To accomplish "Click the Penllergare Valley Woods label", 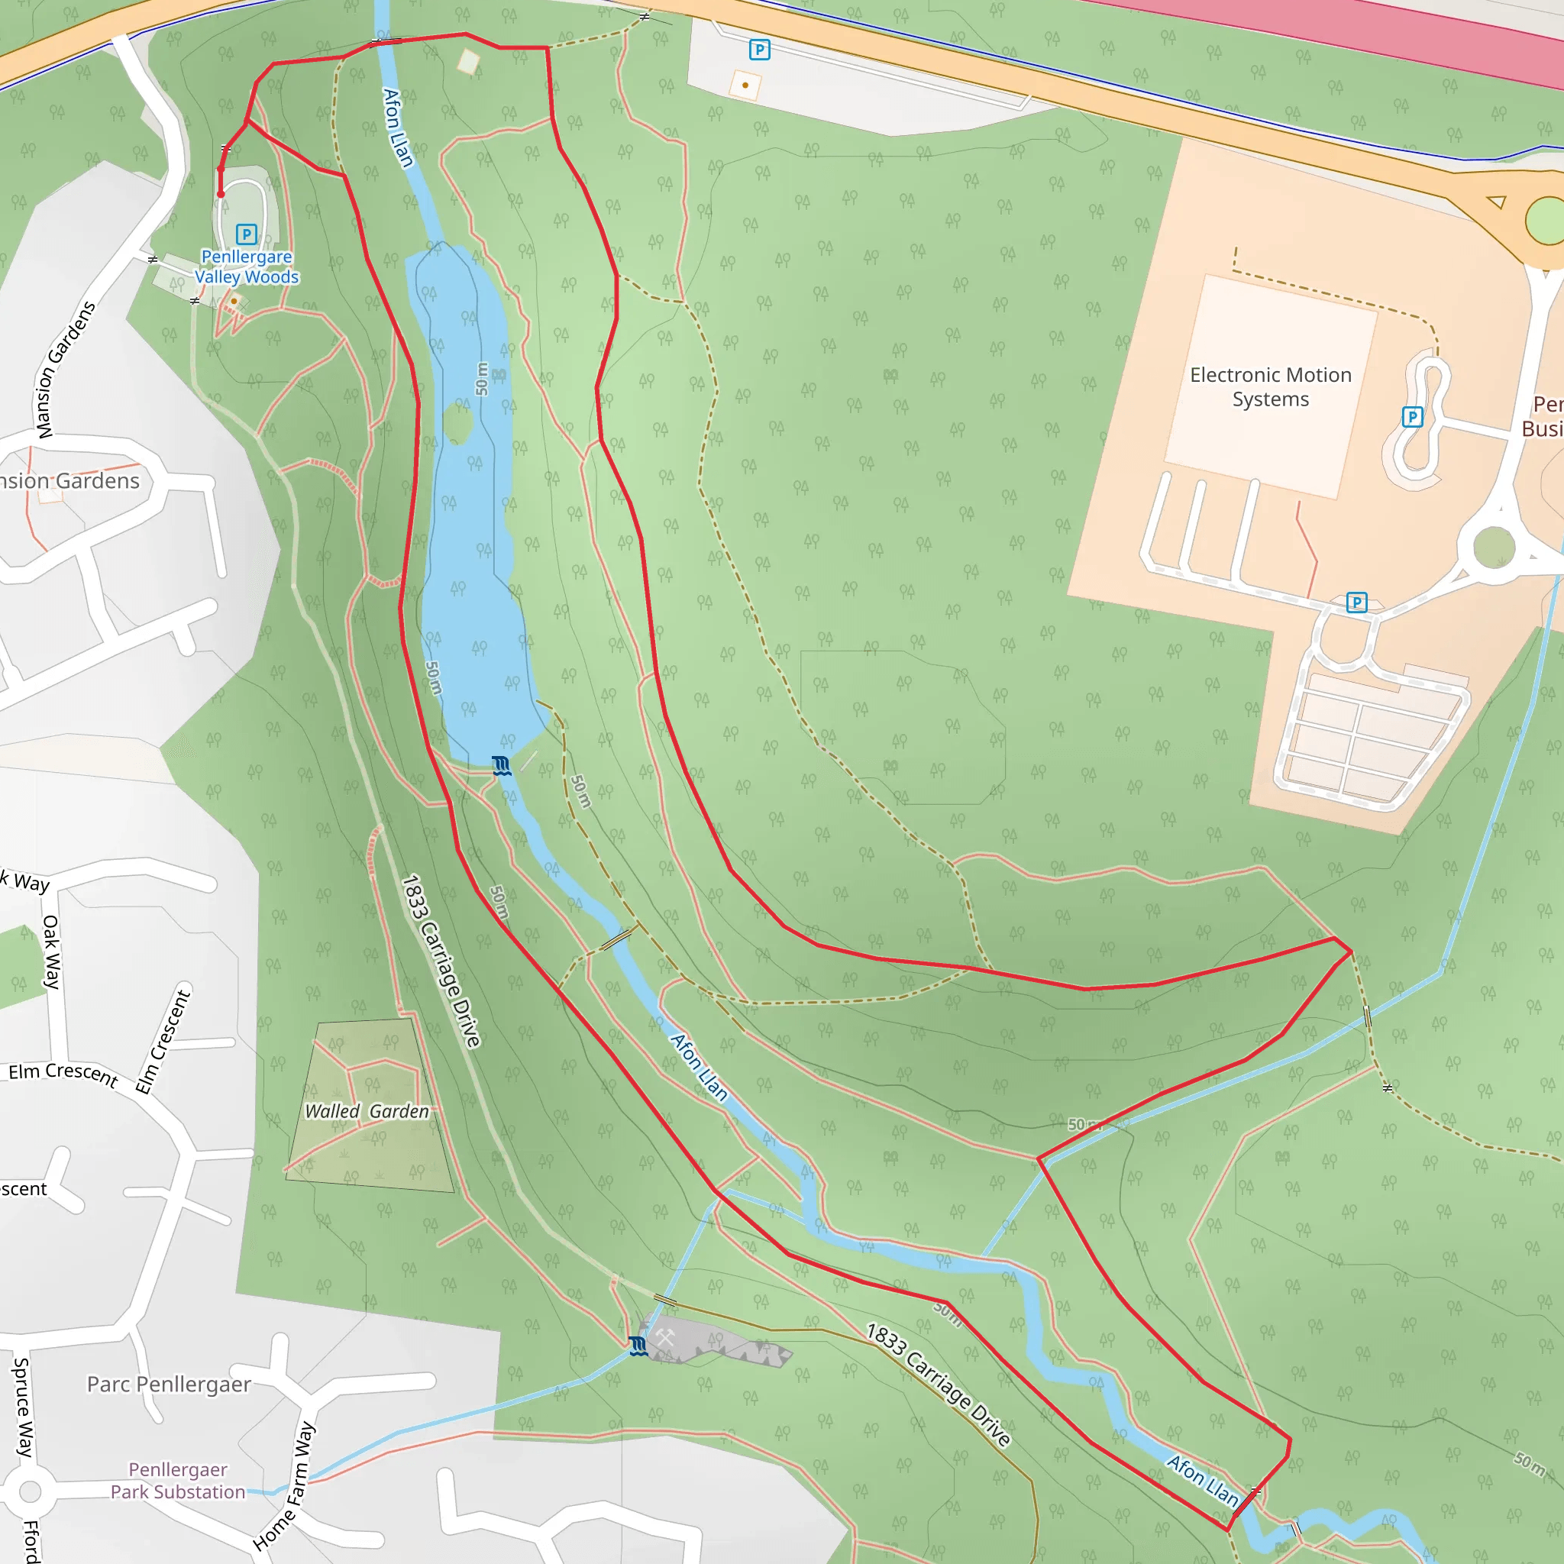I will coord(246,267).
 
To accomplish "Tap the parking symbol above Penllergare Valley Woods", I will coord(246,234).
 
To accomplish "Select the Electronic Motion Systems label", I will coord(1270,387).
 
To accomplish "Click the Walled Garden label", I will coord(367,1111).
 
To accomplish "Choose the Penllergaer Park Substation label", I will coord(178,1481).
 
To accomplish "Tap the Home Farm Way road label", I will coord(284,1486).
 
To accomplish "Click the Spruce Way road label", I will coord(22,1407).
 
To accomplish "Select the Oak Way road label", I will coord(51,952).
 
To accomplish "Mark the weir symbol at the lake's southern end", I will coord(501,766).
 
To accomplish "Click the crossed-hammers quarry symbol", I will coord(664,1337).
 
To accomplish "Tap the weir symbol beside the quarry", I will coord(638,1346).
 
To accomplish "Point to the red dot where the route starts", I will coord(220,194).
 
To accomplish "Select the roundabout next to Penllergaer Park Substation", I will coord(30,1491).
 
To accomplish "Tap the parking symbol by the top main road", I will coord(758,50).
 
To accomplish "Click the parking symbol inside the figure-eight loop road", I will coord(1412,417).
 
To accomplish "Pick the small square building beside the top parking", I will coord(745,84).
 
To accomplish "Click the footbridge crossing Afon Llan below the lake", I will coord(619,939).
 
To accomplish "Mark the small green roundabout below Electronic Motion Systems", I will coord(1494,548).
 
